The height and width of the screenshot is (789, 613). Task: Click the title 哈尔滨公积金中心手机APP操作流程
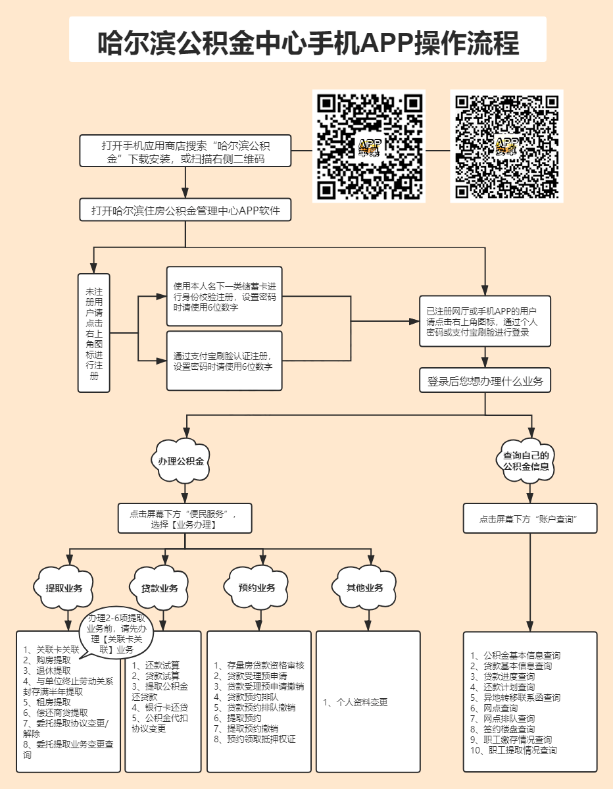coord(308,41)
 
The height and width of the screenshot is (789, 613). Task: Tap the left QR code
coord(369,146)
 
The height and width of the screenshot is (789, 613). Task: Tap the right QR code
coord(506,146)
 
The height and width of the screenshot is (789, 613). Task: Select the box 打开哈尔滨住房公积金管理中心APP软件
coord(185,210)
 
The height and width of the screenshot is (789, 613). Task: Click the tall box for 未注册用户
coord(93,333)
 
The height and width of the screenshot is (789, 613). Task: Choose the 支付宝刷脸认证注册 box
coord(224,361)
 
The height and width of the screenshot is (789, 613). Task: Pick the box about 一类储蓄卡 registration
coord(224,296)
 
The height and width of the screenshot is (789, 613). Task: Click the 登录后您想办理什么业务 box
coord(485,381)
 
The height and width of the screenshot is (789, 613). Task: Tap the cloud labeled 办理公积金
coord(184,461)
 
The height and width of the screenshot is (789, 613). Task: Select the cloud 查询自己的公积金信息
coord(526,461)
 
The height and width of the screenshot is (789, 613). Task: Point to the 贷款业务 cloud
coord(160,588)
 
